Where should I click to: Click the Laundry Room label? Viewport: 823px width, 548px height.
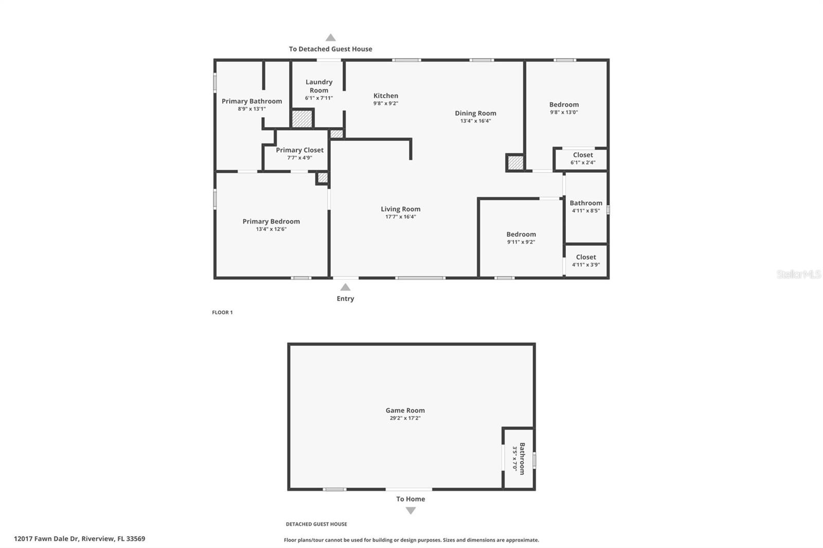(x=319, y=86)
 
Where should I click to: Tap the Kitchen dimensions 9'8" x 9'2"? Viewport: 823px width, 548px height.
(x=386, y=103)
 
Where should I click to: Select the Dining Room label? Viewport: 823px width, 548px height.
(x=475, y=113)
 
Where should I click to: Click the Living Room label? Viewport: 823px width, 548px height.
(x=400, y=209)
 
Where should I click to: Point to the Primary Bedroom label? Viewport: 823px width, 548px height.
(x=271, y=221)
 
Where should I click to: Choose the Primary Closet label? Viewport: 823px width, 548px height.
(x=299, y=150)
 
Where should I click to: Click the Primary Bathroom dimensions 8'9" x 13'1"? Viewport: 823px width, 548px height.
(x=252, y=109)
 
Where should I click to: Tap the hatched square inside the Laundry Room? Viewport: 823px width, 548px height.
(x=302, y=119)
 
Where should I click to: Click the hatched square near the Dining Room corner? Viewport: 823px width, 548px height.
(x=515, y=163)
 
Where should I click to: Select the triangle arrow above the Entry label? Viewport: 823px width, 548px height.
(x=345, y=287)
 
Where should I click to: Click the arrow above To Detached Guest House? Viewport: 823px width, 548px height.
(x=331, y=38)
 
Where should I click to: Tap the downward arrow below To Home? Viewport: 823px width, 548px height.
(x=410, y=510)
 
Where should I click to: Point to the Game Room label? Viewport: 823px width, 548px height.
(x=405, y=410)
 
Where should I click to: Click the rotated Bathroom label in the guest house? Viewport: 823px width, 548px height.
(x=522, y=459)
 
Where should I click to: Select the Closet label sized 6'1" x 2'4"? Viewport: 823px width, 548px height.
(x=583, y=155)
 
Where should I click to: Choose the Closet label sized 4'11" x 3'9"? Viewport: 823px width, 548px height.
(x=586, y=257)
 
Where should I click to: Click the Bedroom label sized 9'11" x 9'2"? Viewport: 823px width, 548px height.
(x=521, y=234)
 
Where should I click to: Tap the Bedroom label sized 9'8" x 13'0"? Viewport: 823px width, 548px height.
(x=564, y=104)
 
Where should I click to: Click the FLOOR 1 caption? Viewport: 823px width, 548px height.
(x=222, y=313)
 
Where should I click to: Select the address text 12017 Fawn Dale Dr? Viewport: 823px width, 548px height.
(x=46, y=539)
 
